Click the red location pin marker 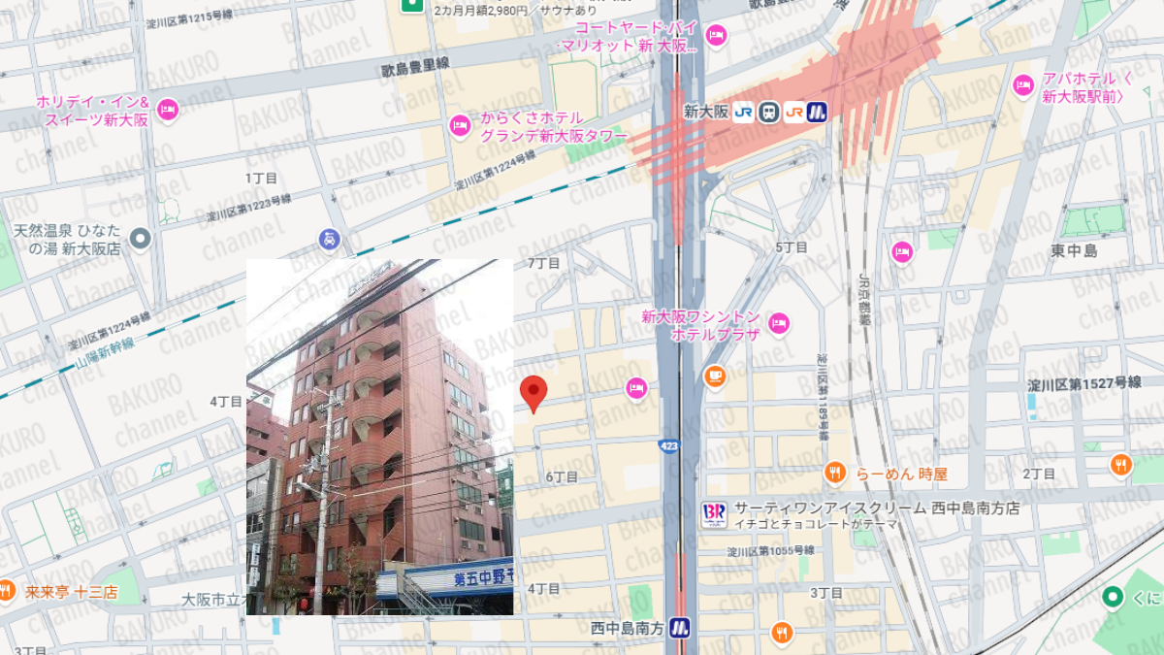tap(533, 393)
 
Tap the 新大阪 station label tap(705, 112)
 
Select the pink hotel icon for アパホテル tap(1023, 85)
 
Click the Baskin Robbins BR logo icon tap(714, 515)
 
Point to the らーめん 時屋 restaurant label tap(901, 474)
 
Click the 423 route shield tap(669, 444)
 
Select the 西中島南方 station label tap(627, 628)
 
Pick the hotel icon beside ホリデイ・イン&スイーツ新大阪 tap(167, 109)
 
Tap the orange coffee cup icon tap(715, 376)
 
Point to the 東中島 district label tap(1074, 251)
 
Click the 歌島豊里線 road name tap(416, 66)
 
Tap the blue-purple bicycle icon tap(330, 239)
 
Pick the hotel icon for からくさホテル tap(460, 125)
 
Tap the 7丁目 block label tap(543, 263)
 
